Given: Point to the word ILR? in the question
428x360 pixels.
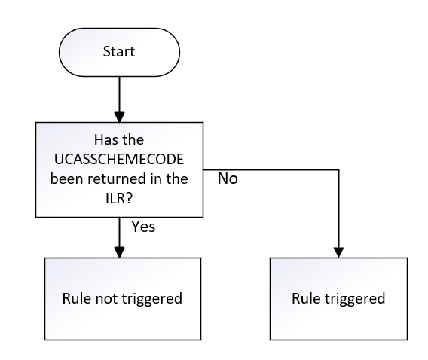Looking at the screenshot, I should (x=120, y=198).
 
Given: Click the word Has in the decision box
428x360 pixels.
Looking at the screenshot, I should (x=105, y=139).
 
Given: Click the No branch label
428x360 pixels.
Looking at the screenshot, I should (x=228, y=179).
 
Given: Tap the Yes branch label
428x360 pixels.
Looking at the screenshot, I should (x=143, y=226).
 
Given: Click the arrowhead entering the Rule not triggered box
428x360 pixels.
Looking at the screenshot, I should (x=119, y=252).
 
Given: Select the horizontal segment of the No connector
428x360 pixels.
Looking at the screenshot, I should (x=271, y=168).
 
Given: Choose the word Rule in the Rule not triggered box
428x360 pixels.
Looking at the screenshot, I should (x=77, y=298).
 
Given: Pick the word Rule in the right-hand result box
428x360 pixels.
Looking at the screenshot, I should (x=305, y=298).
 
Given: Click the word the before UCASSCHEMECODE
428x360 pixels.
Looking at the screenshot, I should (x=136, y=139).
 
